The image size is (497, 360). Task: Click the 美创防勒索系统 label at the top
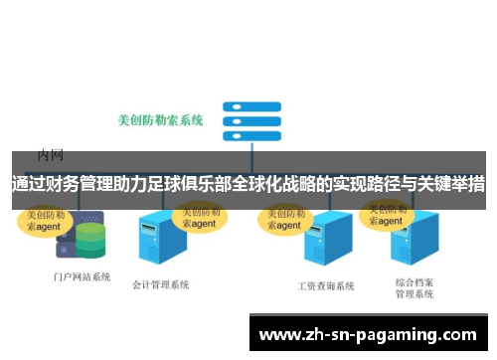tap(160, 120)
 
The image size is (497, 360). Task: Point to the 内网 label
tap(51, 154)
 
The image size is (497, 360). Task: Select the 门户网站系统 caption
tap(82, 276)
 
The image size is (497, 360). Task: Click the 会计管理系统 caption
tap(160, 284)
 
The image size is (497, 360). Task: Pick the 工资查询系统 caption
tap(325, 285)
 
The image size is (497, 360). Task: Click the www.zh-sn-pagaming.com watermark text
tap(368, 334)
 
